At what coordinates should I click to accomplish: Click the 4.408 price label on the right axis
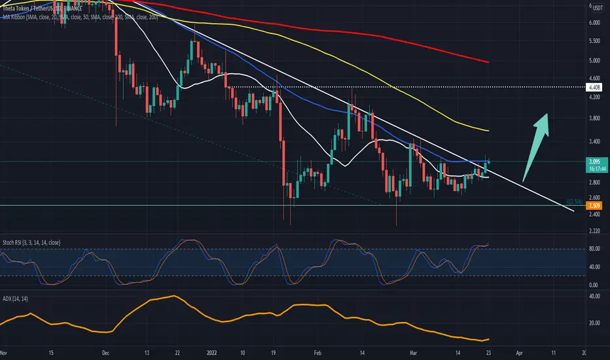point(595,87)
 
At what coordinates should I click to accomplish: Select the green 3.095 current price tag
point(595,161)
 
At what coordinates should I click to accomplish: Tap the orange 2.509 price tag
point(595,206)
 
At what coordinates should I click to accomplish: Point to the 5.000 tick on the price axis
point(595,61)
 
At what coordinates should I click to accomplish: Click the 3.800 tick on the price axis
point(595,118)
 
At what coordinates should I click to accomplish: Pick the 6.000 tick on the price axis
point(595,22)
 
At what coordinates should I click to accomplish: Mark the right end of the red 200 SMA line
point(488,62)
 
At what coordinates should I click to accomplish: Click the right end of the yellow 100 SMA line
point(488,131)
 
